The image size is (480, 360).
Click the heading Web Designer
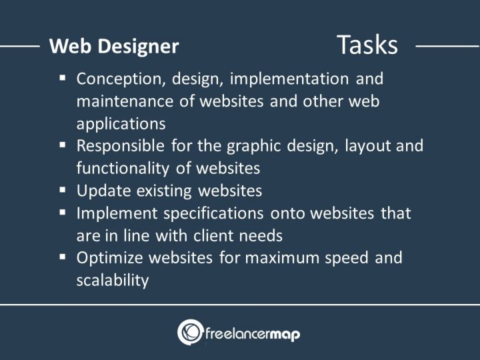(114, 46)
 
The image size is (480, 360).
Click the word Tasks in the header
(367, 45)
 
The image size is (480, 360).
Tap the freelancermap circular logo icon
(190, 332)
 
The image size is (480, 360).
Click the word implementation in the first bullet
(289, 79)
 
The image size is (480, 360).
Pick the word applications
(121, 124)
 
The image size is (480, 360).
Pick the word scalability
(112, 280)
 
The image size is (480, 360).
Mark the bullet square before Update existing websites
(63, 190)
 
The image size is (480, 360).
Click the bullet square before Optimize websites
(63, 257)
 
